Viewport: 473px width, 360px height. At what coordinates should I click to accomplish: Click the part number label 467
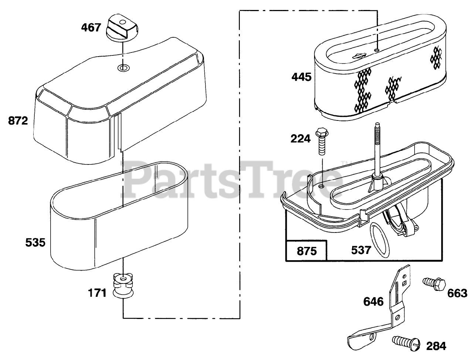click(91, 27)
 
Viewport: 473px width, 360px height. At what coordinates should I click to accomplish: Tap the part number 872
click(18, 120)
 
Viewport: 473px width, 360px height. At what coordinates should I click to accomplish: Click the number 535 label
click(35, 242)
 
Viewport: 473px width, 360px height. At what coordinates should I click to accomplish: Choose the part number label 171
click(97, 293)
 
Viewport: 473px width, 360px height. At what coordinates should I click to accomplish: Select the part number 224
click(301, 139)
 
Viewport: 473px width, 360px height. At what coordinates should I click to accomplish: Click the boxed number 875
click(307, 251)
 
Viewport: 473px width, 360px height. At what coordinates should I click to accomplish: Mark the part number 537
click(361, 250)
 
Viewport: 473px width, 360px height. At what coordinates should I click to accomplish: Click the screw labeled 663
click(433, 284)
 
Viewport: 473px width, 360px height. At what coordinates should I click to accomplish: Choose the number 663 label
click(457, 293)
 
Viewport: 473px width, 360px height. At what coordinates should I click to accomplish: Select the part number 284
click(436, 346)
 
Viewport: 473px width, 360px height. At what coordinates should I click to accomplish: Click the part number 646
click(373, 302)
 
